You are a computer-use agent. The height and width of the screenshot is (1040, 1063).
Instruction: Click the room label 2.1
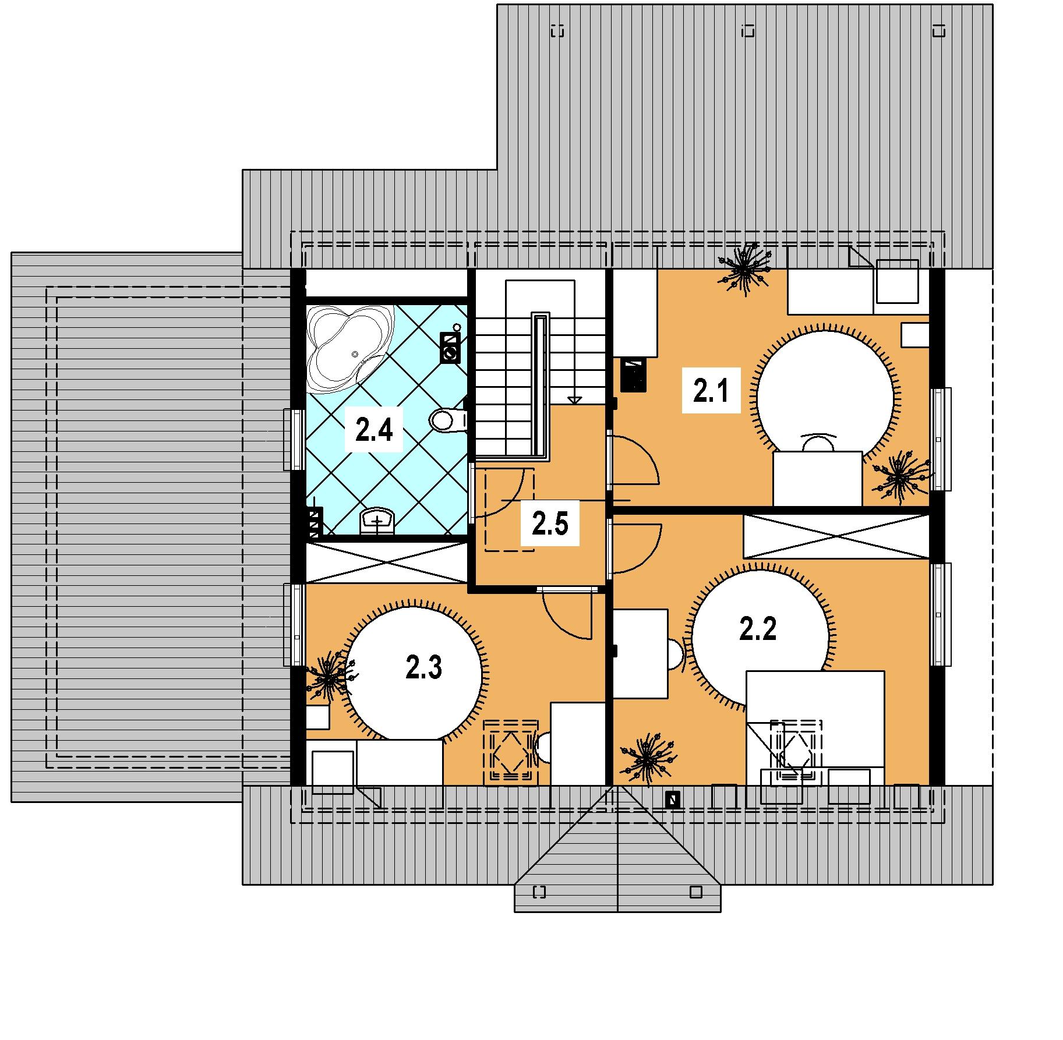coord(711,391)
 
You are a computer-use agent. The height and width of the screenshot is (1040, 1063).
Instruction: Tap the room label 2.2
coord(758,629)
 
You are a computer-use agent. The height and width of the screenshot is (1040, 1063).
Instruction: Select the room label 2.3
coord(424,668)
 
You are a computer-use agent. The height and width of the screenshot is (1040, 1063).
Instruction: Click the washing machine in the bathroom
coord(450,348)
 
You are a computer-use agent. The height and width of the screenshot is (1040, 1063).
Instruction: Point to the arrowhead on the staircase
coord(574,399)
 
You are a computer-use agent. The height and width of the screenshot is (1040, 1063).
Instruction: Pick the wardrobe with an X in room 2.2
coord(836,536)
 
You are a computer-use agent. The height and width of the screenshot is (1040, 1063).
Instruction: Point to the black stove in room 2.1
coord(634,374)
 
